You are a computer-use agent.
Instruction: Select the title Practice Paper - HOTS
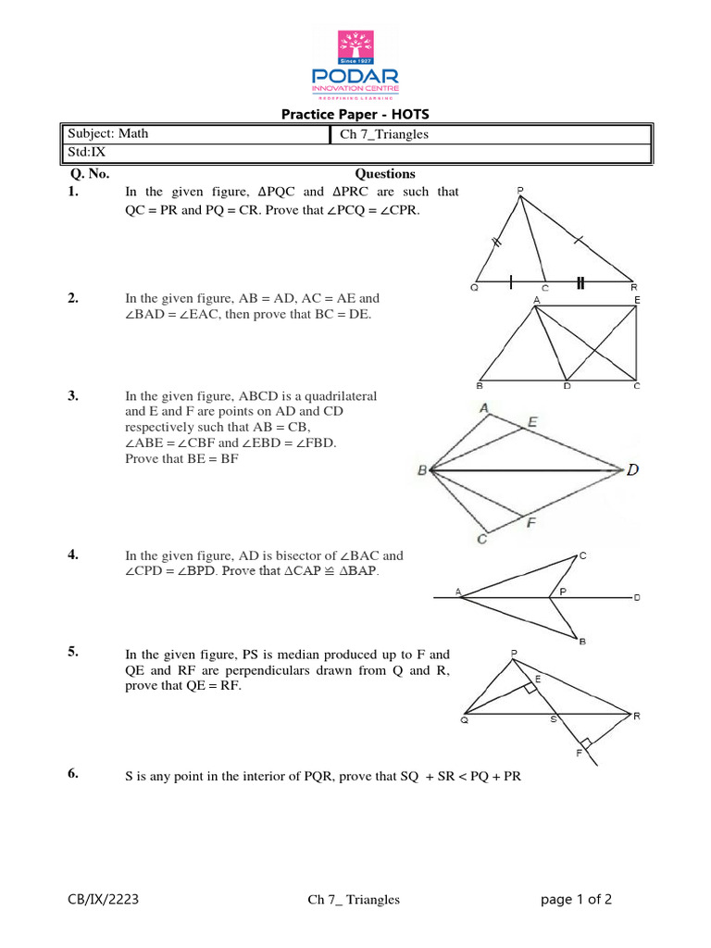tap(355, 115)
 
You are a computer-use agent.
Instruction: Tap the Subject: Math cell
tap(106, 133)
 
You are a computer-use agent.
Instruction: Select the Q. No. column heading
tap(91, 173)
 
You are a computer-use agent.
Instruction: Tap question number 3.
tap(73, 395)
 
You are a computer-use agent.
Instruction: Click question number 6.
tap(73, 775)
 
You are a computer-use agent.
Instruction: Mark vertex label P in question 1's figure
tap(520, 192)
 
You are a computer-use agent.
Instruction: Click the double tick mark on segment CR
tap(580, 283)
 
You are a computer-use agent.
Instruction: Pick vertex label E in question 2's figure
tap(636, 300)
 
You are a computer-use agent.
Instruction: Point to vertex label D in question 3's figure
tap(632, 470)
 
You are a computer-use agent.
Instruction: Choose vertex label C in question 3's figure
tap(481, 540)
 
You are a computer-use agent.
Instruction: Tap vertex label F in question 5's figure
tap(578, 754)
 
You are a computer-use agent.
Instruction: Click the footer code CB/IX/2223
tap(104, 899)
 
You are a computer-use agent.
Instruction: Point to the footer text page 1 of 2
tap(577, 899)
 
